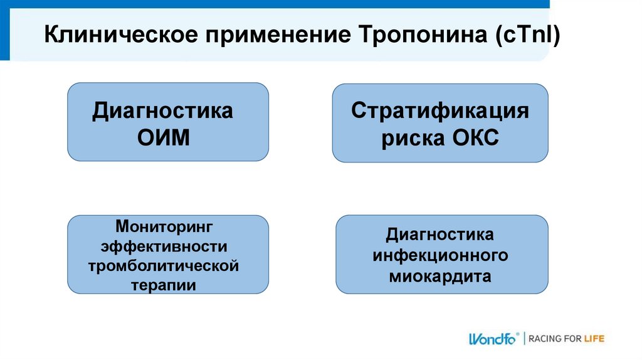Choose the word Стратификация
pos(439,112)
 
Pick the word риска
pos(409,139)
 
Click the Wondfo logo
pos(492,339)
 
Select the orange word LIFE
pos(592,339)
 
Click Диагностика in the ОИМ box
pos(163,112)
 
